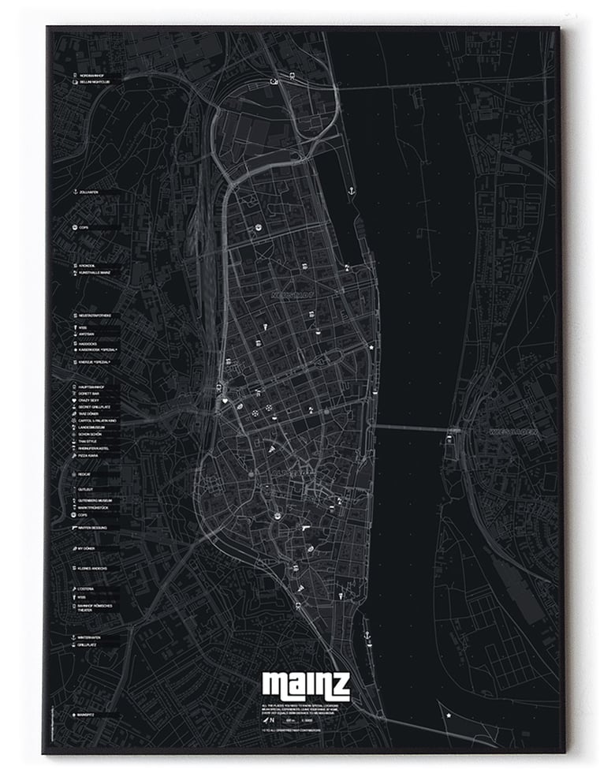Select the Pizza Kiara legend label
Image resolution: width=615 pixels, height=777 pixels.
pyautogui.click(x=89, y=456)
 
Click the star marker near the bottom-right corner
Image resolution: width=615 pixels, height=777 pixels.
pyautogui.click(x=449, y=715)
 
